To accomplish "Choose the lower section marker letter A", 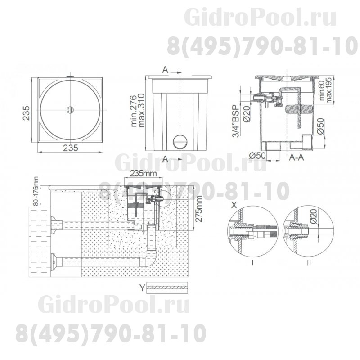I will [x=166, y=158].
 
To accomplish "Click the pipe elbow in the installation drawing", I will [x=150, y=261].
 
